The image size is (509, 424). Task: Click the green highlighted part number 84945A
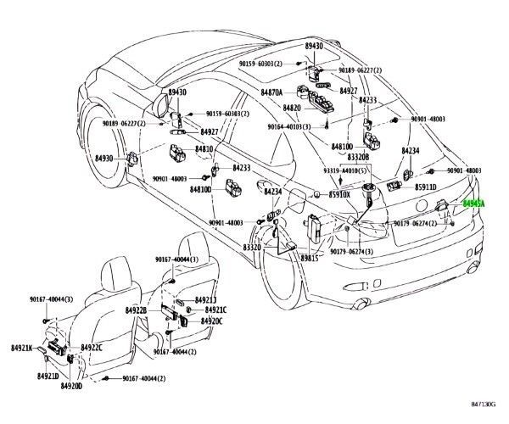click(473, 204)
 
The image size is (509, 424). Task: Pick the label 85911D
click(425, 187)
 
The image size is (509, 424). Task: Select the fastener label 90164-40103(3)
click(295, 127)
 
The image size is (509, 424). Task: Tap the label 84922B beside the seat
click(137, 311)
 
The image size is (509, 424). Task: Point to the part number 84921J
click(205, 300)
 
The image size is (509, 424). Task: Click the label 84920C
click(211, 321)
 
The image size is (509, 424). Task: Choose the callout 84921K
click(22, 348)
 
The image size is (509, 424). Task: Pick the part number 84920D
click(70, 387)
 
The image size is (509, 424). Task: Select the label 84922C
click(92, 348)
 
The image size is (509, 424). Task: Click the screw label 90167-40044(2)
click(154, 378)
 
